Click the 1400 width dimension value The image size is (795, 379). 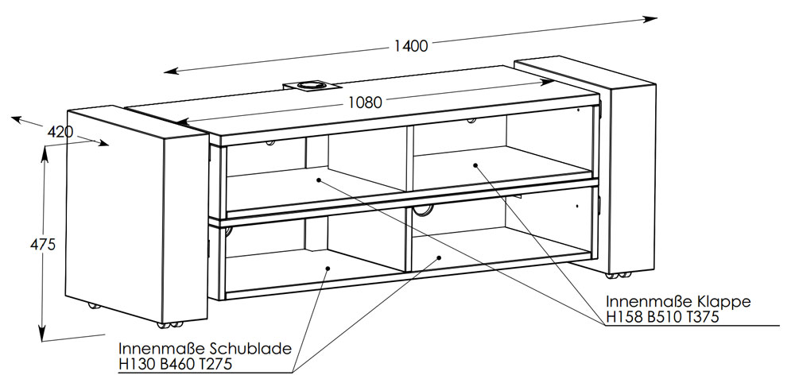[x=411, y=45]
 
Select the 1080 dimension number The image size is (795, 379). [x=365, y=102]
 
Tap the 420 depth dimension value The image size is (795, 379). [x=60, y=132]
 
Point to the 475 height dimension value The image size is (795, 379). [x=43, y=244]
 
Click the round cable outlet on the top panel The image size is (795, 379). [x=308, y=85]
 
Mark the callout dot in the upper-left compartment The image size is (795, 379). [x=319, y=180]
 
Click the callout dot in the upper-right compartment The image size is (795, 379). [x=475, y=164]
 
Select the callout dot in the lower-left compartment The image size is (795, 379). [x=328, y=268]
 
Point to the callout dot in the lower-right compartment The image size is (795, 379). [x=439, y=258]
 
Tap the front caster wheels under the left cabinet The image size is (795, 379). [x=170, y=324]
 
